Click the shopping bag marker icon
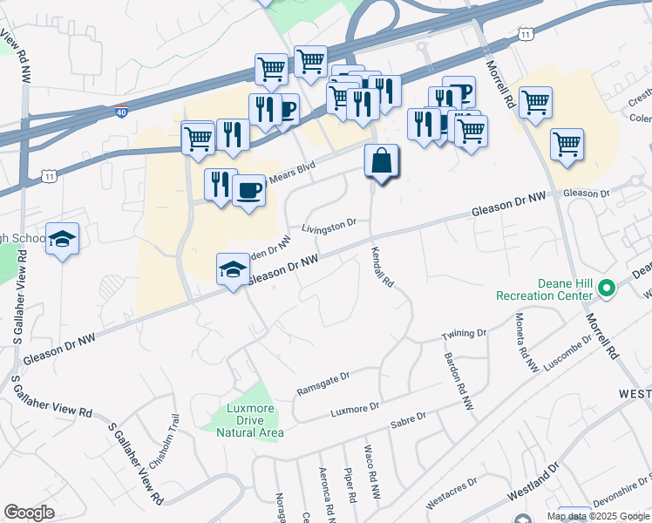pos(381,161)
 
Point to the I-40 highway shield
pos(122,112)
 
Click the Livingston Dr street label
pos(329,227)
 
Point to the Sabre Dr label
pos(408,419)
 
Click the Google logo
pos(29,513)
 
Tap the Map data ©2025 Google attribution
pos(599,516)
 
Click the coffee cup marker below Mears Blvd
pos(248,190)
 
